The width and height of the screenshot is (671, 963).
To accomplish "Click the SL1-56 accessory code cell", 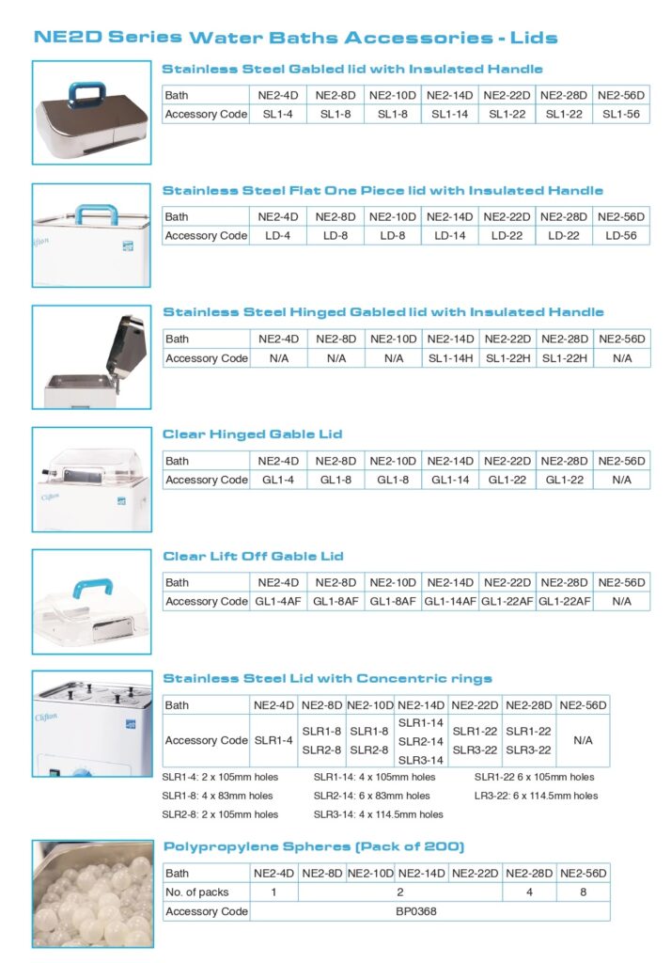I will (620, 114).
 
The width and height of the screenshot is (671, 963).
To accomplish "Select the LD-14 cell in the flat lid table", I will (450, 235).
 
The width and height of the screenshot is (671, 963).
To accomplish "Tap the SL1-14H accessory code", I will (450, 357).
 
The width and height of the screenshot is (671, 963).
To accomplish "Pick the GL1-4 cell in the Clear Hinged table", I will (278, 480).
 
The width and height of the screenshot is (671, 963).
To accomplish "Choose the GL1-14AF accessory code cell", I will (450, 601).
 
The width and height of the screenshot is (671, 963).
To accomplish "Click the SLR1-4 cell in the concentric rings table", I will (273, 740).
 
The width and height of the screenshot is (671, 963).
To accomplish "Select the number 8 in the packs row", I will (584, 892).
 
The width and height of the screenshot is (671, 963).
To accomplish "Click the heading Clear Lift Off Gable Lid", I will (253, 556).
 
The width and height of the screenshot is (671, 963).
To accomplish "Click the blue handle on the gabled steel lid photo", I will (92, 91).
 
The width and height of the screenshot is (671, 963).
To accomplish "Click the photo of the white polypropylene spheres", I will (92, 894).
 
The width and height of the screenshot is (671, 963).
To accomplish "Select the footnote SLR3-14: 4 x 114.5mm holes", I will (378, 814).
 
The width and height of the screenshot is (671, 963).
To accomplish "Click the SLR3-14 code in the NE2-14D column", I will (421, 759).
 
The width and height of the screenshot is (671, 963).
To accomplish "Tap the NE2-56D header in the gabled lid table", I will (620, 95).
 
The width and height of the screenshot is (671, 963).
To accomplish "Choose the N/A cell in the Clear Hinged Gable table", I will (620, 480).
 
